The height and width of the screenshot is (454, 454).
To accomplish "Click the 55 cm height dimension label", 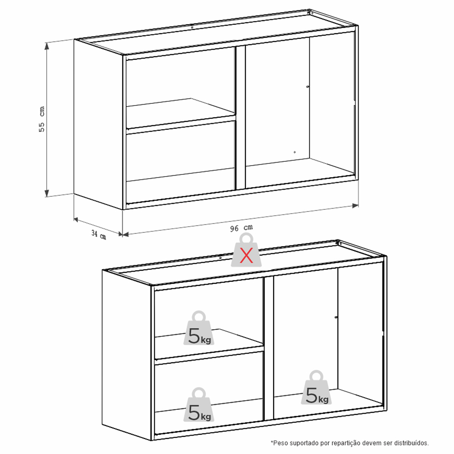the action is point(42,119).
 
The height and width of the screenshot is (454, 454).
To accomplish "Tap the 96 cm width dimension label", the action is point(241,228).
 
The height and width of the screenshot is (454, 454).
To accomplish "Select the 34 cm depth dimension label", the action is point(99,235).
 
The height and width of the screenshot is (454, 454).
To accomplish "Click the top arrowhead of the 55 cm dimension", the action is point(47,46).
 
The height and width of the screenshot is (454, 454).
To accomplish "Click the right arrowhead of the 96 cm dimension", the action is point(355,206).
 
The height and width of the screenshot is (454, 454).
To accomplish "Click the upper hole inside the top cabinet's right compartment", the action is point(307,87).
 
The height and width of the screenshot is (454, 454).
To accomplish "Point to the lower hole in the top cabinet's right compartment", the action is point(295,152).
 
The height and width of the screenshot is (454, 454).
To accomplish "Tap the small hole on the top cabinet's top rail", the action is point(192,27).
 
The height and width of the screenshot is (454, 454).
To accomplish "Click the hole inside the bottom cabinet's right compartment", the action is point(336,317).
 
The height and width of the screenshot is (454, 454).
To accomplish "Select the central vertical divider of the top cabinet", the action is point(240,117).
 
